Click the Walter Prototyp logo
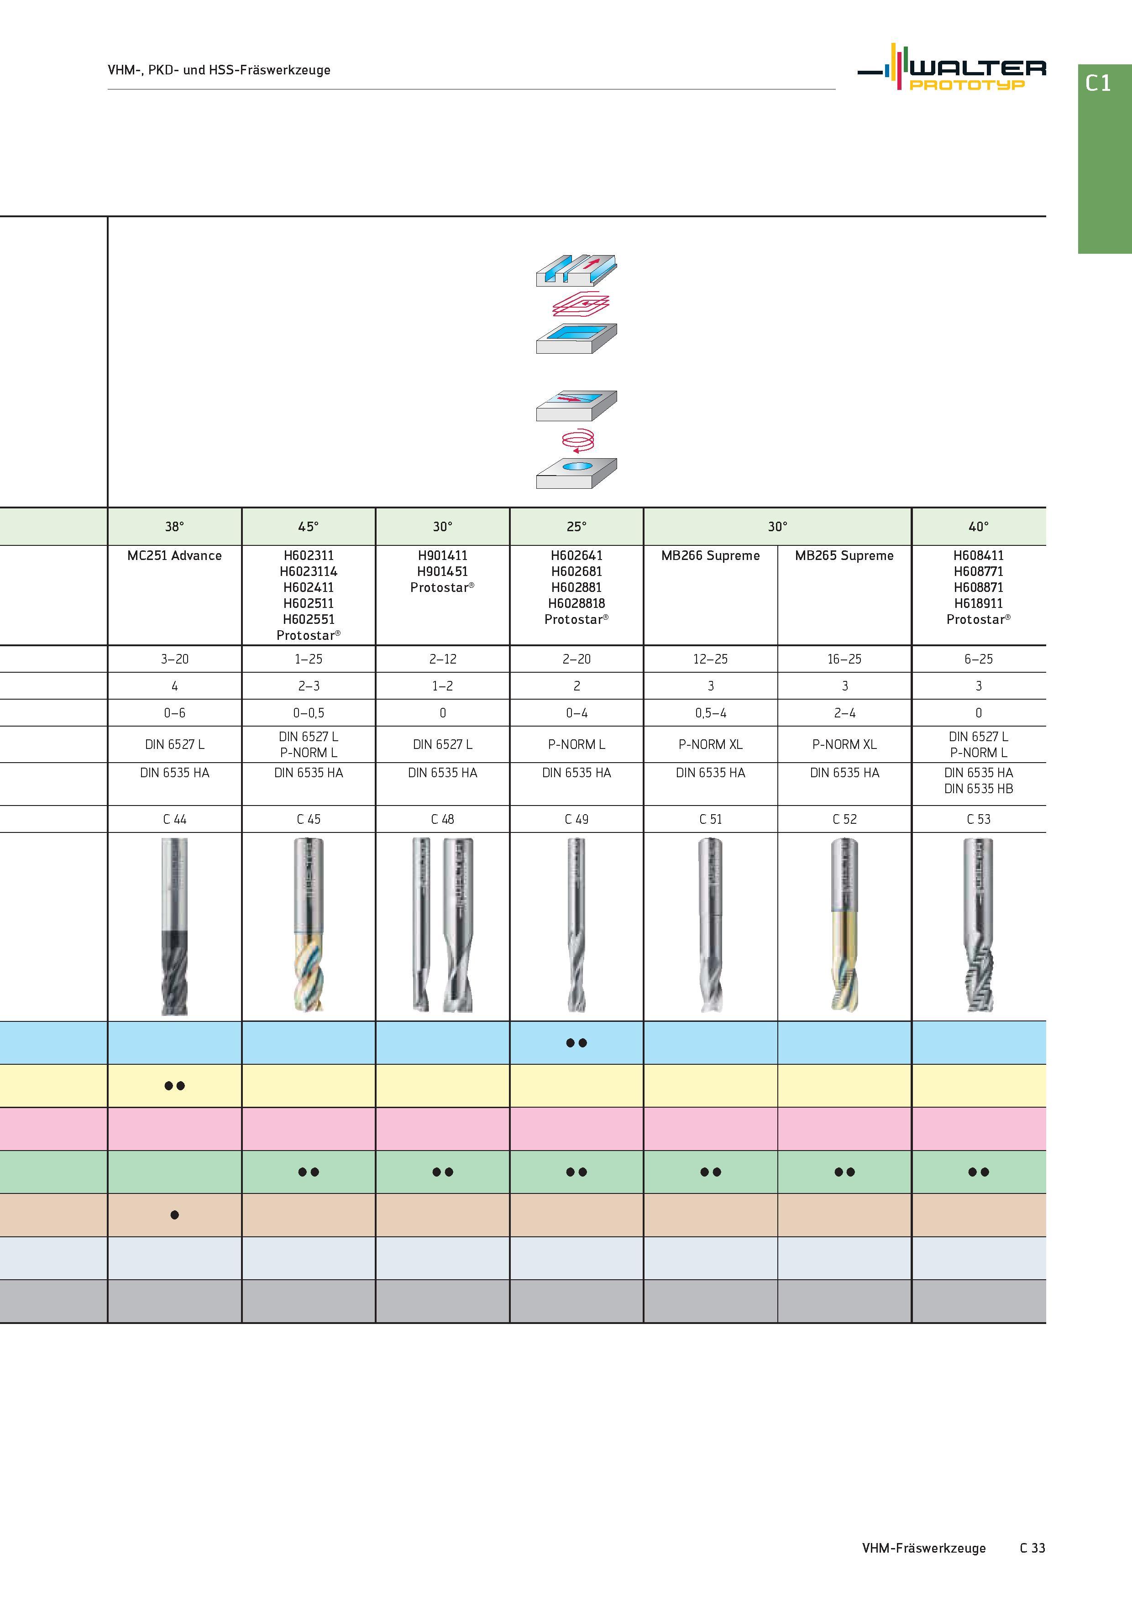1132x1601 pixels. (x=951, y=68)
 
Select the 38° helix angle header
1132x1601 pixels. (x=174, y=527)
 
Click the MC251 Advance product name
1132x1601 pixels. (x=174, y=556)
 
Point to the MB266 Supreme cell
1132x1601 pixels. (x=711, y=556)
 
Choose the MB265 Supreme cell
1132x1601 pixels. (x=844, y=556)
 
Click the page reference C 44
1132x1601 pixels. (x=174, y=819)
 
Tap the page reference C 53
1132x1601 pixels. (x=979, y=819)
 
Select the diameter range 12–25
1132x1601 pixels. (x=711, y=659)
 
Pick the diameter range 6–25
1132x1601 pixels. (x=979, y=659)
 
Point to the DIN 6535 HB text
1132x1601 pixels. (x=979, y=789)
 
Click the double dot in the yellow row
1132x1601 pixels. (x=174, y=1086)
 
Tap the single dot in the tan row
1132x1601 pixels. (x=174, y=1215)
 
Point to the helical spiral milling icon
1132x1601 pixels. (x=577, y=441)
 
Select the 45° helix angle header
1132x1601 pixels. (x=308, y=527)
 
